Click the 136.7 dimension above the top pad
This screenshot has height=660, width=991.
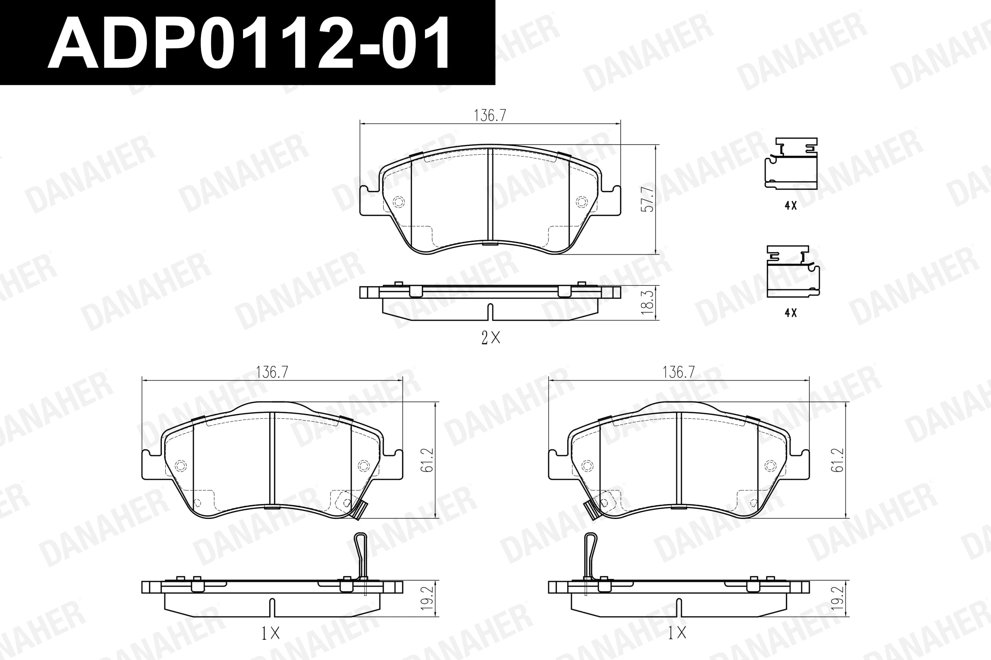490,115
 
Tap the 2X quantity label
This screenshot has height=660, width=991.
490,337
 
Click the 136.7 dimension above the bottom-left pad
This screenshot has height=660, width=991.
272,372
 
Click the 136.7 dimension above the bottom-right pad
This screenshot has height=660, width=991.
679,372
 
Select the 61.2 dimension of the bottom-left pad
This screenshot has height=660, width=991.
427,460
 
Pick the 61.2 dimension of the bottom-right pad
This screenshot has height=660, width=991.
837,460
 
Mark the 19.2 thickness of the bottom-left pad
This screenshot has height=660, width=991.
427,598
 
